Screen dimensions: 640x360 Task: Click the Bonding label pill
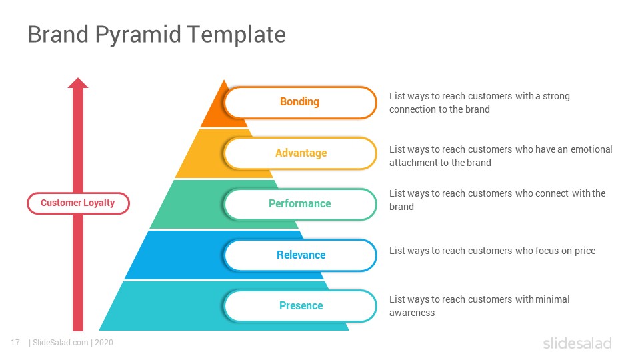coord(300,102)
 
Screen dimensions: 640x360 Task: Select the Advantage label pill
coord(300,153)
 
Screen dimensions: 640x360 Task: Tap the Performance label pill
coord(300,204)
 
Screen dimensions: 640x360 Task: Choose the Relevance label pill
coord(300,255)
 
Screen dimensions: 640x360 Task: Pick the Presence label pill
coord(300,306)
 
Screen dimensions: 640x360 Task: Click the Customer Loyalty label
coord(78,203)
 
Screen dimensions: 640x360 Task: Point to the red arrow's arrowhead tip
coord(78,77)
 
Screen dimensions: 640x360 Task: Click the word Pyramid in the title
coord(138,35)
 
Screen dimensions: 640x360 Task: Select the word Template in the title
coord(237,35)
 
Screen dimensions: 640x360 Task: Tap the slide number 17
coord(15,343)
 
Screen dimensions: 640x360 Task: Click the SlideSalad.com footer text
coord(61,343)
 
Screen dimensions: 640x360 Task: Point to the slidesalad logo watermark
coord(577,343)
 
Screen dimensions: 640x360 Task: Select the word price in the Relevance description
coord(585,251)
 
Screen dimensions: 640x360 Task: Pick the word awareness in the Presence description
coord(412,313)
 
